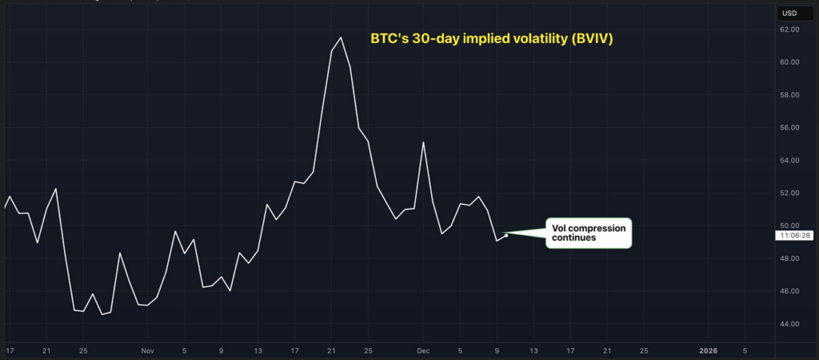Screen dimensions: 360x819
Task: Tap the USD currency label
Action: coord(789,12)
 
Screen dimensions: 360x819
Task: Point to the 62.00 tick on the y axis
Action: coord(789,30)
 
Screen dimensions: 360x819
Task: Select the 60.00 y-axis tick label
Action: coord(789,62)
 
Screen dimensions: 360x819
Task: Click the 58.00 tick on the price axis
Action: coord(789,95)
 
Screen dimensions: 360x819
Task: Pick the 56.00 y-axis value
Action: coord(789,128)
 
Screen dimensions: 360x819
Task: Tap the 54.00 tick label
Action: coord(789,161)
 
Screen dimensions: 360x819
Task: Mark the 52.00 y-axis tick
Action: coord(789,194)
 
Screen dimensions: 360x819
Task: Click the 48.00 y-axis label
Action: coord(789,258)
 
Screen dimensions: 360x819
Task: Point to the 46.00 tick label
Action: coord(789,291)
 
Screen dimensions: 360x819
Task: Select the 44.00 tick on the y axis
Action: coord(789,324)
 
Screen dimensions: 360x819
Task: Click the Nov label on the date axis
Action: coord(146,350)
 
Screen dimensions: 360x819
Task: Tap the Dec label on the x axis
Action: coord(423,350)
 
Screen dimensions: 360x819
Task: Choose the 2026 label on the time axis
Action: coord(709,350)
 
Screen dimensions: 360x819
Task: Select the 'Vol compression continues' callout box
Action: coord(589,233)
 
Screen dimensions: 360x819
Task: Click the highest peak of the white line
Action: coord(342,38)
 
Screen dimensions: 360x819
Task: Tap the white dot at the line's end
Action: coord(506,235)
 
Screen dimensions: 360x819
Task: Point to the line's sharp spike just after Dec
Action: coord(423,142)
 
